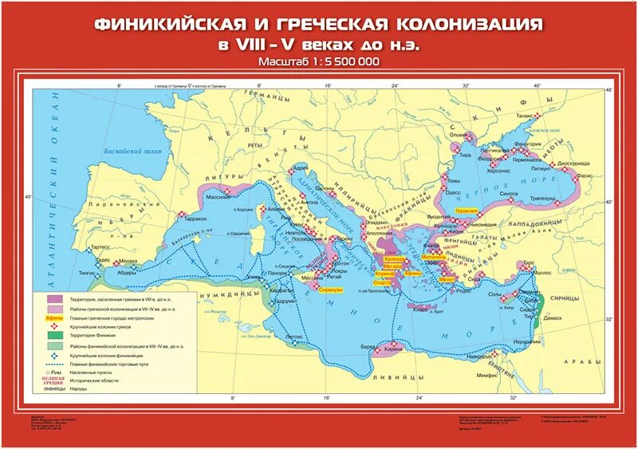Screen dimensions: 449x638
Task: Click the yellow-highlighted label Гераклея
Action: click(x=466, y=211)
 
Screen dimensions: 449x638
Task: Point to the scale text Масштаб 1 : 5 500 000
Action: click(x=318, y=61)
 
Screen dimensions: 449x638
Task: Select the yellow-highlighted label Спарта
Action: click(x=382, y=283)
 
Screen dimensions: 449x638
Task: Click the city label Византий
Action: click(x=436, y=216)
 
